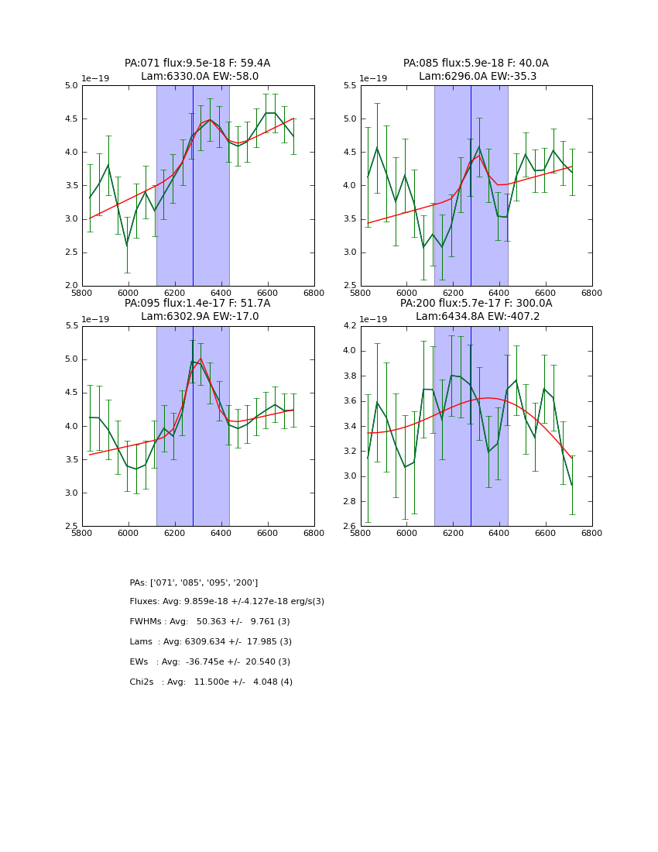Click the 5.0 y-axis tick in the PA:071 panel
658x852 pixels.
(70, 86)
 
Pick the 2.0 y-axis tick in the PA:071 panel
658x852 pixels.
(70, 286)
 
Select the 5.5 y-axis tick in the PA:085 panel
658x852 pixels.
(348, 86)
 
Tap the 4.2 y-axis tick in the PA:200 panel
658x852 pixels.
(348, 326)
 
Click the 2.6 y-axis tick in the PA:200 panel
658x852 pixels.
(348, 527)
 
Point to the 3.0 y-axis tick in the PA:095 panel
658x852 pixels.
(70, 493)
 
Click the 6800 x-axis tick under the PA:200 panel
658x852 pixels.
(591, 533)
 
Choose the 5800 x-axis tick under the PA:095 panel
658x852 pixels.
(82, 533)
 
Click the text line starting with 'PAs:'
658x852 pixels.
(194, 582)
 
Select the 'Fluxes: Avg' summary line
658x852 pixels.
(227, 602)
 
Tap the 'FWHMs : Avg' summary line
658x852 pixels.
(210, 622)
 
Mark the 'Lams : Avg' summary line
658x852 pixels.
(211, 642)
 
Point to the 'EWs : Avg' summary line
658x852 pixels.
(210, 662)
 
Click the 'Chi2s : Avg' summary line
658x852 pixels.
(211, 682)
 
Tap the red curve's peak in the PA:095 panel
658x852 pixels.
(200, 359)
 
